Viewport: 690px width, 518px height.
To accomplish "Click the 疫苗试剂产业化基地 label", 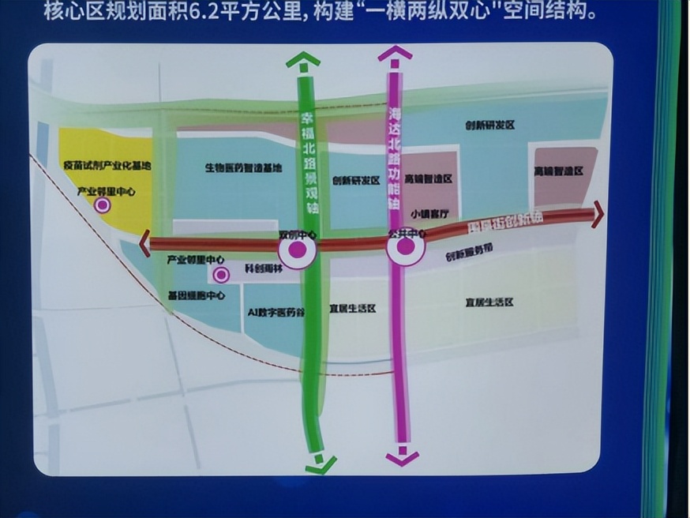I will click(107, 166).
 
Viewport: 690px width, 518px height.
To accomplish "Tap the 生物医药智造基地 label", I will click(243, 167).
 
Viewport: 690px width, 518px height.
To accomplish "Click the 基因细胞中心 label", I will click(197, 296).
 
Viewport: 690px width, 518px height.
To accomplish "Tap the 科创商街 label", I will click(263, 268).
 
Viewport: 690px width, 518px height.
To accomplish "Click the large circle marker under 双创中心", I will click(297, 251).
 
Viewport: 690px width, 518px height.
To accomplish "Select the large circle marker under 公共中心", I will click(406, 247).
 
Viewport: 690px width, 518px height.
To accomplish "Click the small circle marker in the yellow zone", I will click(102, 205).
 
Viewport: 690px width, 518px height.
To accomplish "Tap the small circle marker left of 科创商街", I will click(222, 275).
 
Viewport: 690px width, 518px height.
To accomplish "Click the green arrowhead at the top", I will click(303, 60).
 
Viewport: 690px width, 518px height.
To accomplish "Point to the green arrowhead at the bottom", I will click(320, 464).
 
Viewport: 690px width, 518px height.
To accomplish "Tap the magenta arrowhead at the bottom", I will click(403, 457).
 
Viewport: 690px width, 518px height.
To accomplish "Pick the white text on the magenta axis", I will click(396, 158).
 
